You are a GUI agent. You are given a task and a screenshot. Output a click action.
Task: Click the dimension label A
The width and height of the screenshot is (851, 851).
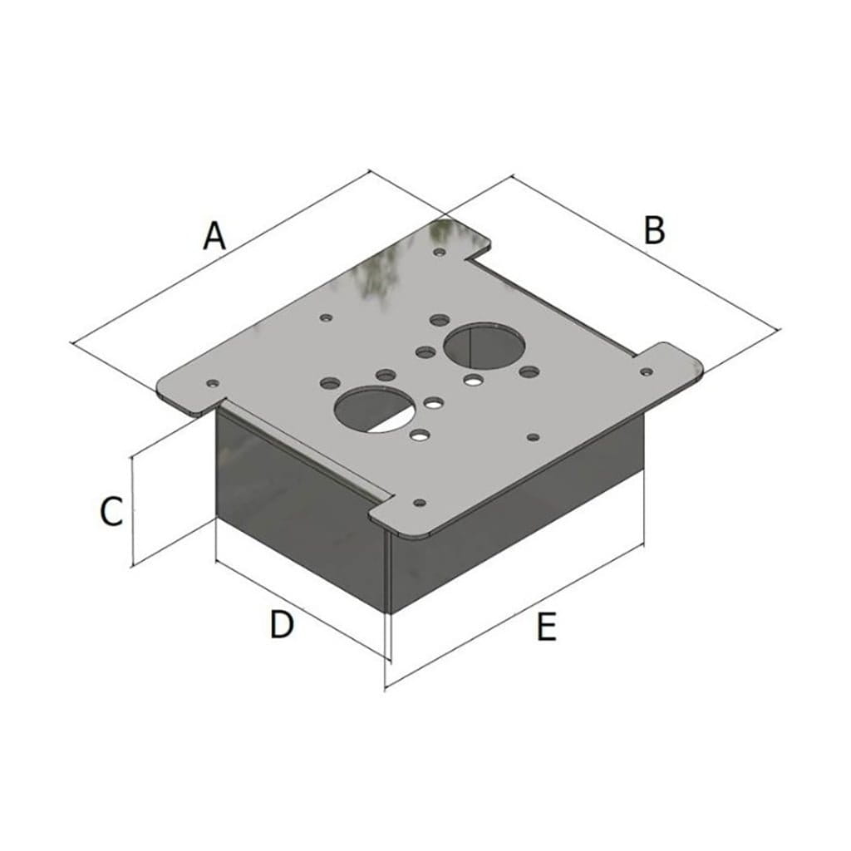click(214, 236)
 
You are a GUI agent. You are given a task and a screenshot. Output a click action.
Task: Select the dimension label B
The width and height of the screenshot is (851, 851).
click(654, 229)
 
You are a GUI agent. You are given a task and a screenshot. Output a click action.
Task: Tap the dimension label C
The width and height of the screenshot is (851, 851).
click(112, 511)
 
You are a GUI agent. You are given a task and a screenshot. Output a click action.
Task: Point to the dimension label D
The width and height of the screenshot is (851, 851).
click(282, 624)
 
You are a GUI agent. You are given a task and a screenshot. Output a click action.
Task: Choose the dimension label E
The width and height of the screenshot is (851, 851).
click(547, 627)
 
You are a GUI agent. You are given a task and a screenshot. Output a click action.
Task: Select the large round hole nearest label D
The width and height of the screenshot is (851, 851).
click(376, 409)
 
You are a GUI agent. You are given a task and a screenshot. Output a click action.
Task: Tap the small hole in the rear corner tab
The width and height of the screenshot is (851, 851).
click(440, 252)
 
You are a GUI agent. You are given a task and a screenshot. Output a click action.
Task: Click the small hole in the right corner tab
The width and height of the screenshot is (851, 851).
click(647, 371)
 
